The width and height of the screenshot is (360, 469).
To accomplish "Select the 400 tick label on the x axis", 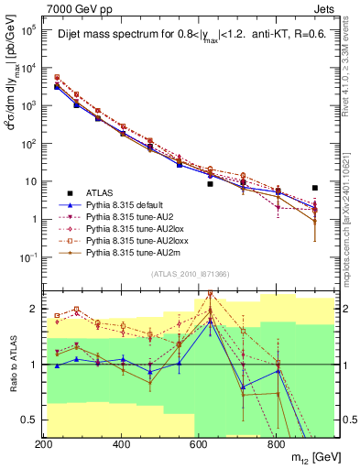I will (121, 444).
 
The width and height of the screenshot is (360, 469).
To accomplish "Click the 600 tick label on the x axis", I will (198, 444).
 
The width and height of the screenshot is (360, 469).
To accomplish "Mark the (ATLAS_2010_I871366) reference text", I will (188, 275).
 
